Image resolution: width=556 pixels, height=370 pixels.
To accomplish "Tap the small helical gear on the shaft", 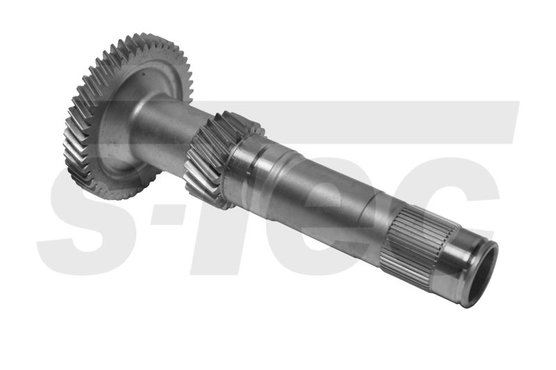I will coord(208,160).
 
